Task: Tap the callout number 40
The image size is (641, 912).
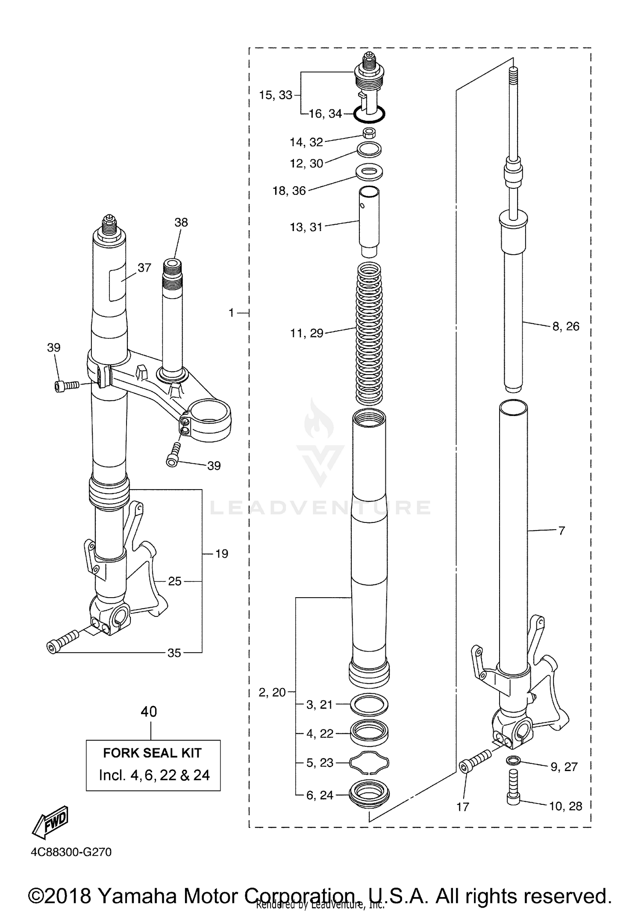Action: coord(149,712)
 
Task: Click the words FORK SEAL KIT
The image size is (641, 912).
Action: coord(152,753)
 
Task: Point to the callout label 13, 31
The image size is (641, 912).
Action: coord(306,227)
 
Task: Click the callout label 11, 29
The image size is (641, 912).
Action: coord(307,333)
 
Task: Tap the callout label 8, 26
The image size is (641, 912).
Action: coord(565,326)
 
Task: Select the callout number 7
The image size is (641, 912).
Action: coord(562,531)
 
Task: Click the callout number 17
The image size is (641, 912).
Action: coord(463,806)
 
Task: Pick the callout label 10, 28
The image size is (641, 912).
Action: coord(565,806)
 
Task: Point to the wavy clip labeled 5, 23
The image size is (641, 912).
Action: coord(369,762)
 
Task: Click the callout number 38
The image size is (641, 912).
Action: coord(181,222)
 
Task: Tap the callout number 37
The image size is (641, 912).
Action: coord(144,268)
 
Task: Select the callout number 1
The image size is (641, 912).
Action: coord(232,313)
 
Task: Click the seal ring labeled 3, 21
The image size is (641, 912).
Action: coord(369,704)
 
